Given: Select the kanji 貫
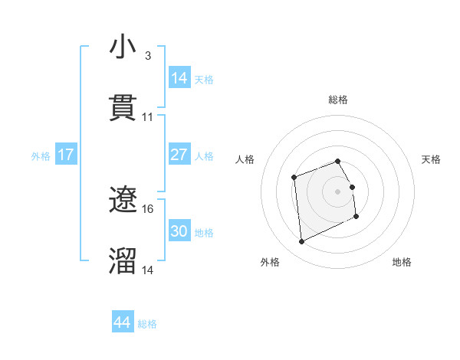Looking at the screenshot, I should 123,108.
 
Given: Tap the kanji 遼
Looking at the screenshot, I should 123,200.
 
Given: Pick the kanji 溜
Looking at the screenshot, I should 123,261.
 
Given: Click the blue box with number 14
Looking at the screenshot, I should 179,77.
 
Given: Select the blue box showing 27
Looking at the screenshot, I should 179,155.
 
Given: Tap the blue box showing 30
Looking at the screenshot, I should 179,231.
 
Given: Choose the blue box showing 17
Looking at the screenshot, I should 66,155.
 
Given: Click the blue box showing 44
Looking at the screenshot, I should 123,322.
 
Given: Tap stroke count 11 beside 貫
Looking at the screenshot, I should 148,117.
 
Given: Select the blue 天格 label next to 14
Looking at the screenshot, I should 204,79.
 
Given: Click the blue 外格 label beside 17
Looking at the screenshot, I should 41,156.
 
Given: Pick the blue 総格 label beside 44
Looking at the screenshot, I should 147,324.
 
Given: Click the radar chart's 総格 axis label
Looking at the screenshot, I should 338,100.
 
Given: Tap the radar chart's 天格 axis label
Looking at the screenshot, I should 432,159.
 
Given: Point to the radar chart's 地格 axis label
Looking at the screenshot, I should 402,262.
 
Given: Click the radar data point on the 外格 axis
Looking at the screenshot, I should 301,242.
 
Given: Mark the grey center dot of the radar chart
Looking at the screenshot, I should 338,191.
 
